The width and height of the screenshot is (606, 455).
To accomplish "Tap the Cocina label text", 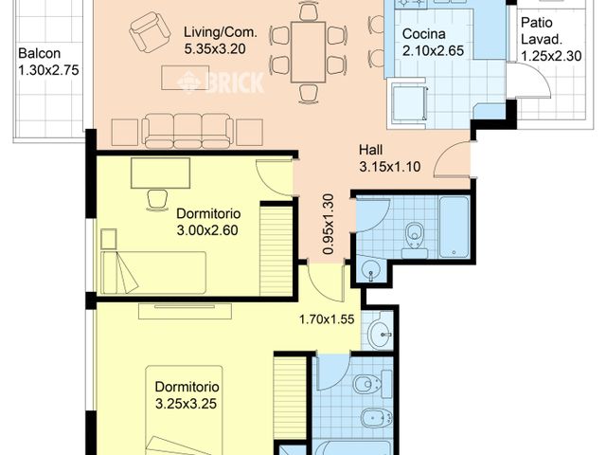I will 422,34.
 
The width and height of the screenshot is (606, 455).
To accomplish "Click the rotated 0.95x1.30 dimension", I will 328,224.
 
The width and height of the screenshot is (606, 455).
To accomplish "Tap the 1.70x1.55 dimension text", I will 327,319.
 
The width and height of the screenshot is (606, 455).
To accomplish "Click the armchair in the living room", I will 146,33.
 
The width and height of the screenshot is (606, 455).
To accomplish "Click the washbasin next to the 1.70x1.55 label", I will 379,333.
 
